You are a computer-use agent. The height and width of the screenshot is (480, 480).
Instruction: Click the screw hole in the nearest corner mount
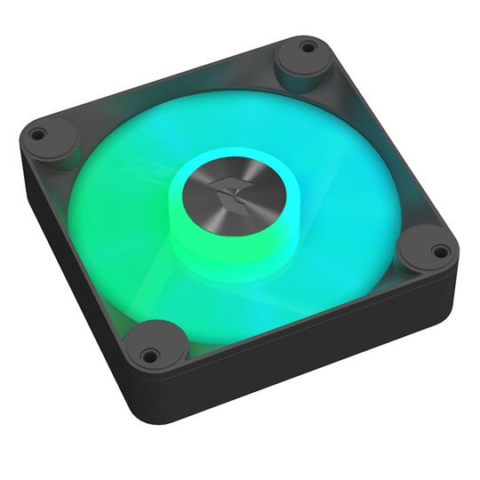(149, 355)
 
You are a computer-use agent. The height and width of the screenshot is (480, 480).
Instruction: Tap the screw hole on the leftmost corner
(37, 135)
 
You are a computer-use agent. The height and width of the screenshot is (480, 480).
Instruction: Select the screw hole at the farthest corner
(307, 44)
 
